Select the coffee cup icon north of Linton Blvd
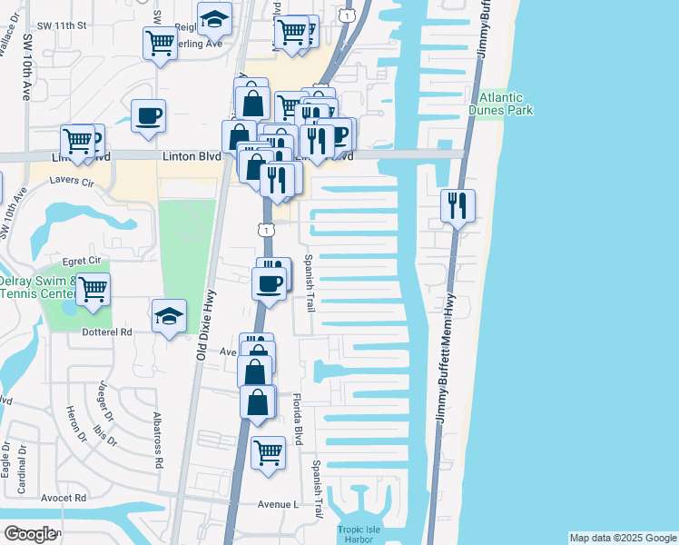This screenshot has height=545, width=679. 148,116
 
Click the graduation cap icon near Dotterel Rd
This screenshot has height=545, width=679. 169,316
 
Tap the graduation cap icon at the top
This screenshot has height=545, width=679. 214,19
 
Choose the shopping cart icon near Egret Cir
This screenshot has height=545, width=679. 93,290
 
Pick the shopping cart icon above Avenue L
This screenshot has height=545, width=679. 268,451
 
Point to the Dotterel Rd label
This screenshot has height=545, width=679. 108,332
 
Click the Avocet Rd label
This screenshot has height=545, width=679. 64,498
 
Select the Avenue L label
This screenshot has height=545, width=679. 278,504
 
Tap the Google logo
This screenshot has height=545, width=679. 29,534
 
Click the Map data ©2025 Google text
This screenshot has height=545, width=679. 622,538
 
